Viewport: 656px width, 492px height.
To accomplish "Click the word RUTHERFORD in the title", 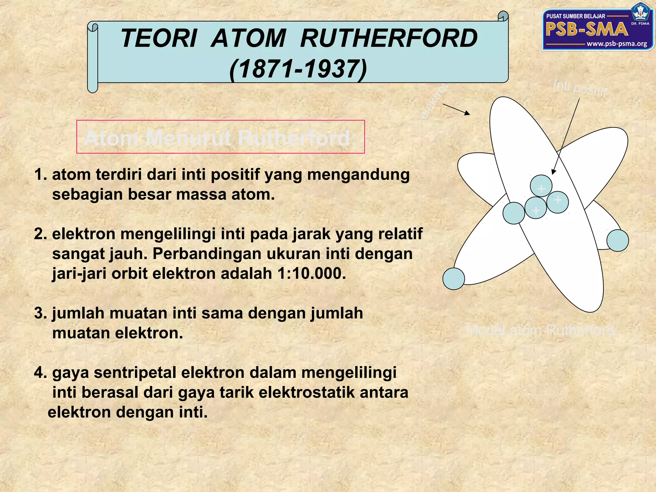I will [389, 38].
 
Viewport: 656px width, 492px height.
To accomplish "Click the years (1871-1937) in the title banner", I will [298, 69].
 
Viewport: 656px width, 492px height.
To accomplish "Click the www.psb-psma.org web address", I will [617, 44].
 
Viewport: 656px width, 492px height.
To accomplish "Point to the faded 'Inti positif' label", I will [580, 88].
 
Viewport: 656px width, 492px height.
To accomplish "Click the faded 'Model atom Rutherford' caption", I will [540, 330].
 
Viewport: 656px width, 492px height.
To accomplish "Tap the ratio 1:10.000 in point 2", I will [312, 274].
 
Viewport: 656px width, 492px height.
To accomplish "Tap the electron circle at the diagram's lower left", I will [454, 279].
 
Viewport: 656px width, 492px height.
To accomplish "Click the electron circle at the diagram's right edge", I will [618, 241].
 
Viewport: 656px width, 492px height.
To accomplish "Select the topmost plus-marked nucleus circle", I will [541, 186].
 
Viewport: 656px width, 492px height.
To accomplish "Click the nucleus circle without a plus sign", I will [513, 213].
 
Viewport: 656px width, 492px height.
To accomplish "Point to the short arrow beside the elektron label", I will [456, 109].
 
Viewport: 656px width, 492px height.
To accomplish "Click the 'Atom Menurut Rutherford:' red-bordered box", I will [220, 137].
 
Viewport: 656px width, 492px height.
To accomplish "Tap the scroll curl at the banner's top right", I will [503, 16].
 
